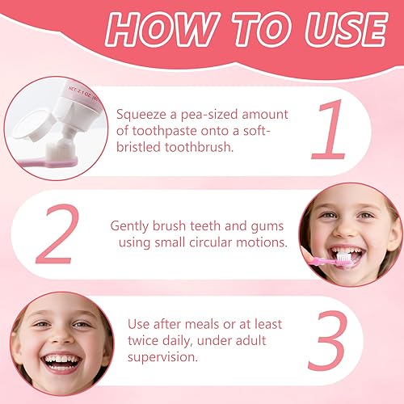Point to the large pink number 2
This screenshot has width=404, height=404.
(58, 234)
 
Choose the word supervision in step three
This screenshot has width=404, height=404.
(162, 356)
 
